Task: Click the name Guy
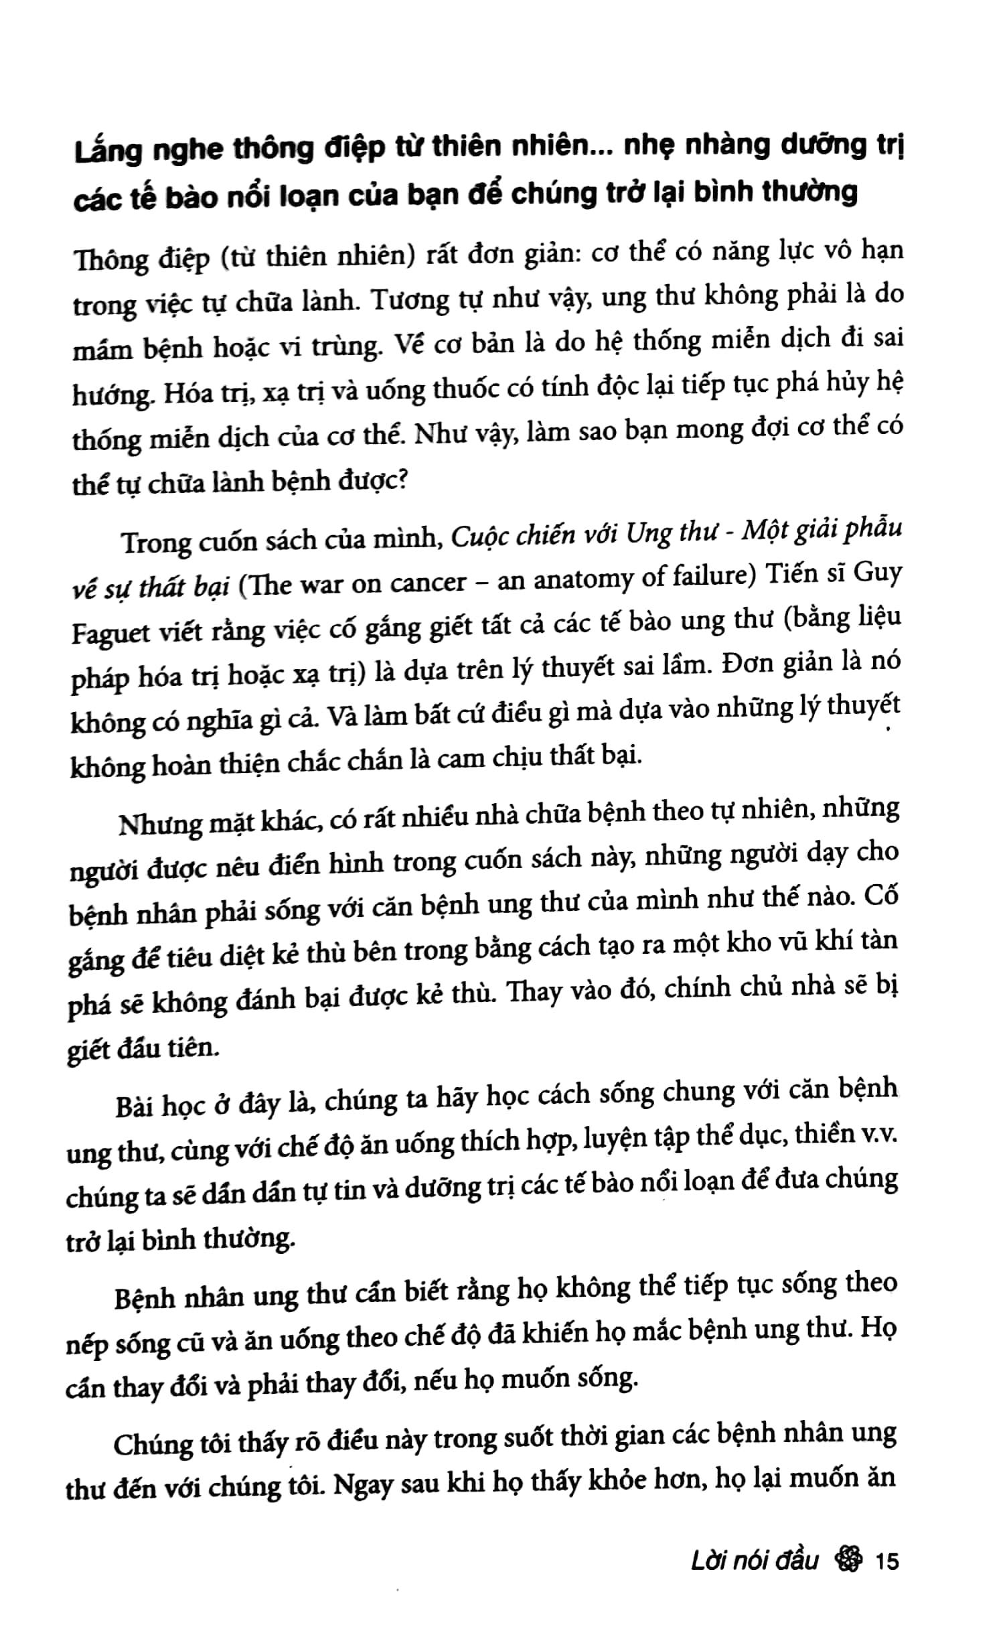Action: (x=878, y=575)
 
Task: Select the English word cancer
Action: (x=428, y=583)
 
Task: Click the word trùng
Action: (x=345, y=346)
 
